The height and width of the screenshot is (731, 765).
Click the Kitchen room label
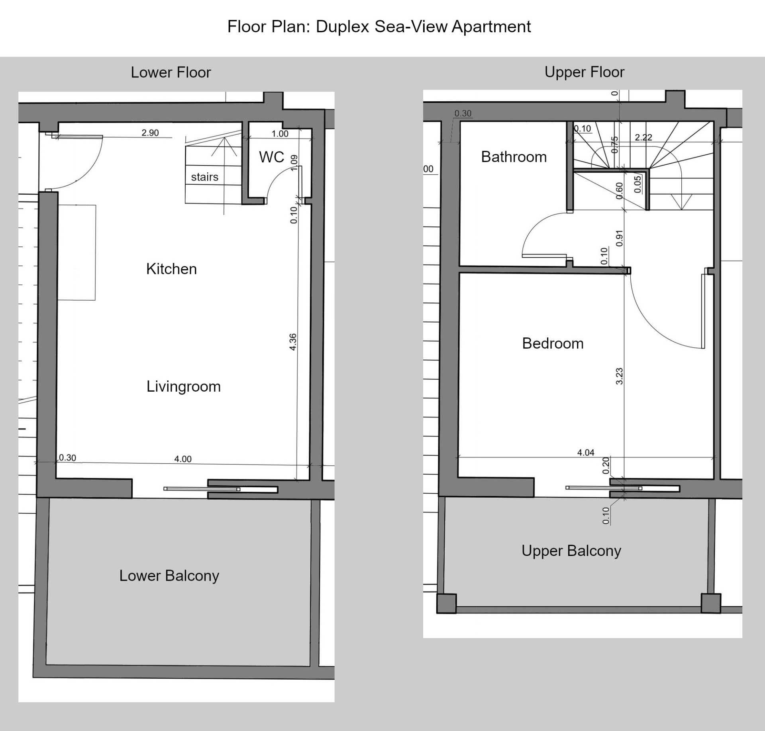tap(171, 269)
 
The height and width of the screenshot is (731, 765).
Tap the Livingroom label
tap(183, 386)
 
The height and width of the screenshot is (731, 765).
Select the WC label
tap(271, 157)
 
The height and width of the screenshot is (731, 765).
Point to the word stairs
tap(205, 177)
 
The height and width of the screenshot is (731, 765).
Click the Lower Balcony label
tap(169, 575)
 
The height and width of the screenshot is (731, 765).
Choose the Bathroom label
tap(514, 157)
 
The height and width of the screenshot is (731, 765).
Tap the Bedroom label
tap(553, 343)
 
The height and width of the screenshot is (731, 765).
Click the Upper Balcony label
tap(571, 551)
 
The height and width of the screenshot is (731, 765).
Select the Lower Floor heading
tap(171, 73)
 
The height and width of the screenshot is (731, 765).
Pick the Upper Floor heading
tap(585, 72)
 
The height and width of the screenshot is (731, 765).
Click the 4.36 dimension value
tap(293, 342)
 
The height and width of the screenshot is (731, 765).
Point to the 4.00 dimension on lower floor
tap(183, 459)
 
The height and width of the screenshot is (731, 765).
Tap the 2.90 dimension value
tap(150, 133)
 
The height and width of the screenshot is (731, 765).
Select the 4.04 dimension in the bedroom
tap(586, 453)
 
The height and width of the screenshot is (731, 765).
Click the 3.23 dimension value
tap(619, 376)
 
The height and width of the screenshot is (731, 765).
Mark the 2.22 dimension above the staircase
tap(643, 138)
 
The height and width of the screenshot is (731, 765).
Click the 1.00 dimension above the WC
tap(280, 134)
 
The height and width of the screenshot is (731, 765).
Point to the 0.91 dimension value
tap(619, 238)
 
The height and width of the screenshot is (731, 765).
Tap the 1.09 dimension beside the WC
tap(294, 163)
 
